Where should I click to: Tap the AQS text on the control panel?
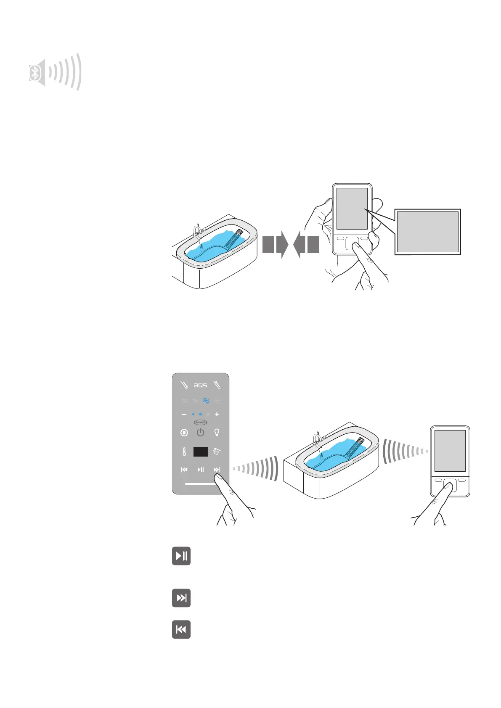tap(200, 385)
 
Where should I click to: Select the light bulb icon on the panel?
tap(217, 432)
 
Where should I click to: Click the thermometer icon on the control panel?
tap(184, 452)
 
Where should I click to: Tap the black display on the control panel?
tap(201, 452)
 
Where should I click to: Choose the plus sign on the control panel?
tap(217, 414)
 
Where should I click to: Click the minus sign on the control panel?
tap(184, 414)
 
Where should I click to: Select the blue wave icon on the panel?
tap(206, 401)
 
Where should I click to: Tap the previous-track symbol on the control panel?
tap(184, 470)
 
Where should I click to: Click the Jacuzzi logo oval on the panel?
tap(200, 422)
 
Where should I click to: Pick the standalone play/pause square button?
tap(181, 556)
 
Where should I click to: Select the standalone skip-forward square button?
tap(181, 598)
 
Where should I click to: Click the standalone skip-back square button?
tap(181, 629)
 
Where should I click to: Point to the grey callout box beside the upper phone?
tap(427, 232)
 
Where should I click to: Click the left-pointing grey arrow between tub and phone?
tap(306, 245)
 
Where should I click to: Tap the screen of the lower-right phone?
tap(450, 451)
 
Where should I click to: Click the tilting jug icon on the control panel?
tap(217, 452)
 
